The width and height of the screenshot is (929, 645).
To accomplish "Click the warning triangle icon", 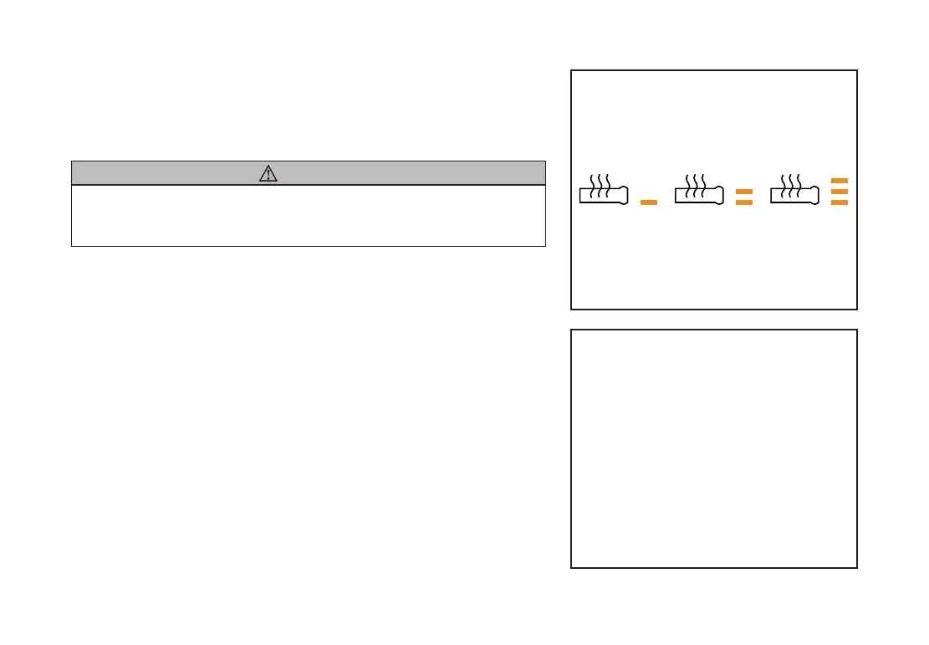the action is (268, 173).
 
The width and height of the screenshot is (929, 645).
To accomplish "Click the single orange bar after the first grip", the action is (648, 202).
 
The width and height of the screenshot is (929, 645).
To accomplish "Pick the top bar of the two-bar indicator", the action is (743, 192).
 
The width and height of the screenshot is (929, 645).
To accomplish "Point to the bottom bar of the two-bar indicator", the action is (743, 202).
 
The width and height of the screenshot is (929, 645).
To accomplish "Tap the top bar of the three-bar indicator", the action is (840, 181).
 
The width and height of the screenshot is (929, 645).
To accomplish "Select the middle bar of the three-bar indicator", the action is (840, 192).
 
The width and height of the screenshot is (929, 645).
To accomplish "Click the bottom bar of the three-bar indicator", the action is (840, 202).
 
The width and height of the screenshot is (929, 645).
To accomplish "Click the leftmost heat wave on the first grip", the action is (593, 185).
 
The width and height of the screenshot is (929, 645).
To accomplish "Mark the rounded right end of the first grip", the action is (624, 197).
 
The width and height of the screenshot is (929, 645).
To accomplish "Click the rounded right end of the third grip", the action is (814, 197).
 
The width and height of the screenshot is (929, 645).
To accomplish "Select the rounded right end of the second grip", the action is (719, 197).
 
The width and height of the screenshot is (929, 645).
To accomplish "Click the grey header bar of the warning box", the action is (418, 173).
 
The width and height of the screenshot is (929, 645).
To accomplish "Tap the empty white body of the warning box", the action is (309, 215).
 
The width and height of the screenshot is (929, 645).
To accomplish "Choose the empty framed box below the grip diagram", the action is (713, 448).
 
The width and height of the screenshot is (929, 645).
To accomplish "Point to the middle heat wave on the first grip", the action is (602, 185).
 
